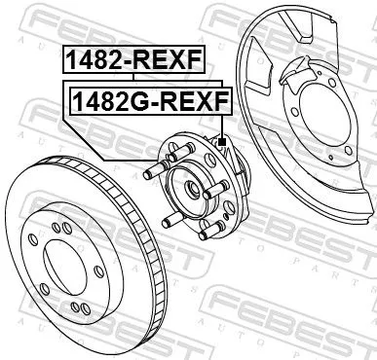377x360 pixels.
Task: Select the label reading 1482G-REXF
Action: coord(146,99)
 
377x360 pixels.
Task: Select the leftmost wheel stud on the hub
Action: coord(150,174)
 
